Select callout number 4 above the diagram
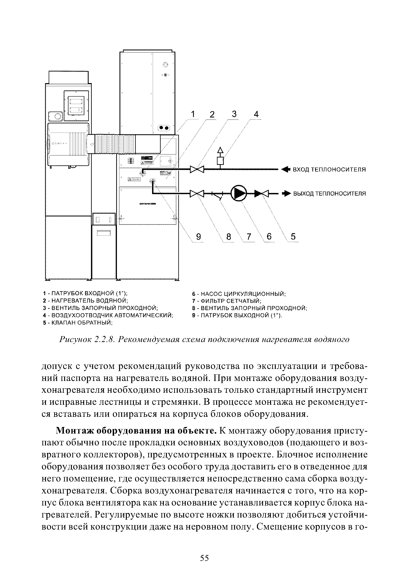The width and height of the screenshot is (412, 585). pos(256,114)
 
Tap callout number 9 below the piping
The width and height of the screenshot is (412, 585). pos(198,237)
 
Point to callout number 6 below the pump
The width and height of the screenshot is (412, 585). pos(269,237)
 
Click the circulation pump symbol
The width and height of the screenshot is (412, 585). pos(239,194)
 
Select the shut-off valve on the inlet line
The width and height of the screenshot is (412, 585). pos(197,169)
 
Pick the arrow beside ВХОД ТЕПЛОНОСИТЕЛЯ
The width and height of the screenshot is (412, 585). pos(286,169)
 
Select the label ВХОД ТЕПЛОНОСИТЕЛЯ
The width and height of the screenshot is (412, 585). pos(330,169)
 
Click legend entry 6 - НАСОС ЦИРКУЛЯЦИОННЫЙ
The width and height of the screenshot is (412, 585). pos(239,294)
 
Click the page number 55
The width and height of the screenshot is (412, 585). pos(204,558)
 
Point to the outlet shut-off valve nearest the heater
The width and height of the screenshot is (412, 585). pos(197,194)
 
